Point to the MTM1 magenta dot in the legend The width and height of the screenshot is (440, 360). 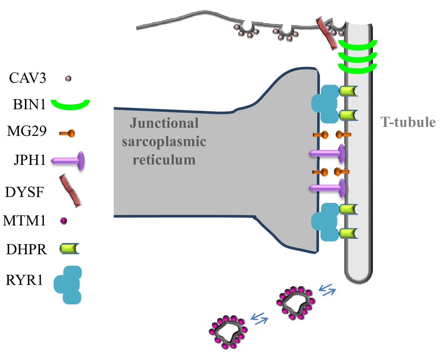(x=63, y=221)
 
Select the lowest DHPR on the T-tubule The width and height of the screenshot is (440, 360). (x=347, y=233)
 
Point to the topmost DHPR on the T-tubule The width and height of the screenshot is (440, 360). (x=347, y=91)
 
